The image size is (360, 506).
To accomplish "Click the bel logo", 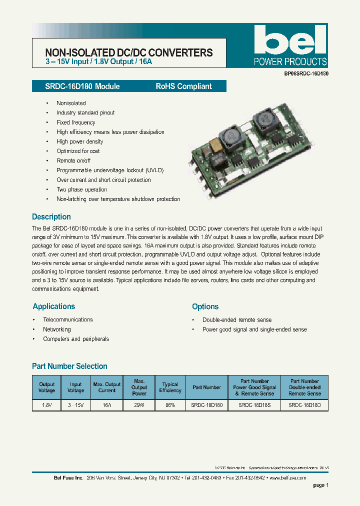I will tap(290, 40).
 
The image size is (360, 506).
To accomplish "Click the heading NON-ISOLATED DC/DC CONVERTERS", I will tap(129, 52).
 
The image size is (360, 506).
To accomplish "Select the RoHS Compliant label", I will tap(183, 86).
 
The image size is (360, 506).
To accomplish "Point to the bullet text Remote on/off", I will tap(73, 160).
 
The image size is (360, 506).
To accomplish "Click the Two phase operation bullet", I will tap(82, 189).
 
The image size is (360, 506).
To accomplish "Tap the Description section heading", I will tap(51, 217).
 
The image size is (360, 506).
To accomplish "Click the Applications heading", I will tap(54, 306).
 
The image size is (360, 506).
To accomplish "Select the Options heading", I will tap(205, 306).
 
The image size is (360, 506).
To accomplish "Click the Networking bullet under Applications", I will tap(57, 329).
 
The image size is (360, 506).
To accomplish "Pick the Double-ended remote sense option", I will tap(237, 320).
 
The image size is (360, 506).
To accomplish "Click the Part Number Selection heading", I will tap(69, 366).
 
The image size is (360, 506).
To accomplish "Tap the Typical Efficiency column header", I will tap(170, 387).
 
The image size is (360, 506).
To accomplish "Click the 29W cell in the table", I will tap(139, 405).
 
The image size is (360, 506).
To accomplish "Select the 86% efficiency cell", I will tap(170, 405).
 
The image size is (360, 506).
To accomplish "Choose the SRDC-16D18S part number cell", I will tap(254, 405).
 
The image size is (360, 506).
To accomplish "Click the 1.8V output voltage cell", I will tap(47, 405).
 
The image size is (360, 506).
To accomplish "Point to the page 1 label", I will tap(320, 485).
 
